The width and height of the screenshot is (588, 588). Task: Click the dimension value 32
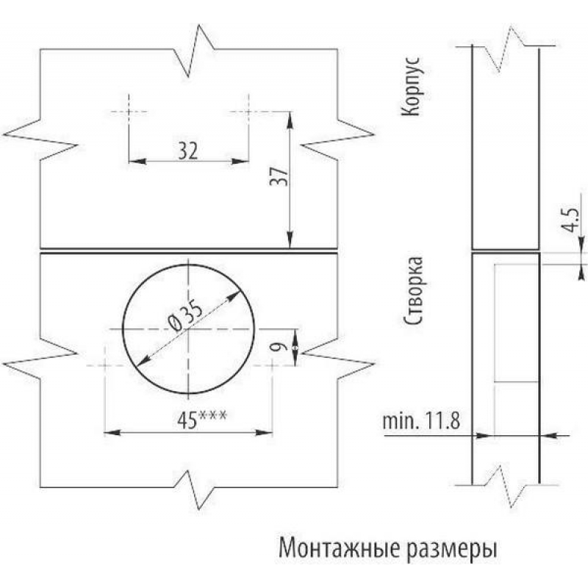(x=188, y=151)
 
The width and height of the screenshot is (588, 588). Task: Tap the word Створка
(x=412, y=291)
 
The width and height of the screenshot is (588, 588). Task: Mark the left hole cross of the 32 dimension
(x=128, y=111)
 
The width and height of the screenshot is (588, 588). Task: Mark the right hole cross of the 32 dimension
(x=248, y=111)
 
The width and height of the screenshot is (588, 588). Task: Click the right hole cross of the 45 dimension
(x=273, y=365)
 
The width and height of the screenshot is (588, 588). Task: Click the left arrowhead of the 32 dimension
(x=133, y=161)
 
